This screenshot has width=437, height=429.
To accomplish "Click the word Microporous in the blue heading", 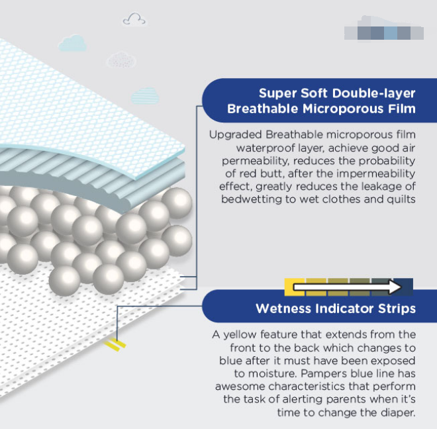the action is coord(344,109).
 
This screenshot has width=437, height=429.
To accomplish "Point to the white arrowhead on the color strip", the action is coord(395,287).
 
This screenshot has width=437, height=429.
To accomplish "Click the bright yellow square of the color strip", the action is coord(295,287).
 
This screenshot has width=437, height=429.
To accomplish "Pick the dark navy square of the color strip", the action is coord(403,287).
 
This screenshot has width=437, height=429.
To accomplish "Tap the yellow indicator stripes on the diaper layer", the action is coord(115,344).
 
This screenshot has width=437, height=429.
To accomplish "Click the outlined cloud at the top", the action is coord(134,19).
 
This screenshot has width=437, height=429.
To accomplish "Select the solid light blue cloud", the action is coord(72,43).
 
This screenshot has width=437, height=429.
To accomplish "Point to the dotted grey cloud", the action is coord(122,60).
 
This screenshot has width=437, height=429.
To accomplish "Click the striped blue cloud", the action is coord(145,95).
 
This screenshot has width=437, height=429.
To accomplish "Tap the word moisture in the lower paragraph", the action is coord(272,373).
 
